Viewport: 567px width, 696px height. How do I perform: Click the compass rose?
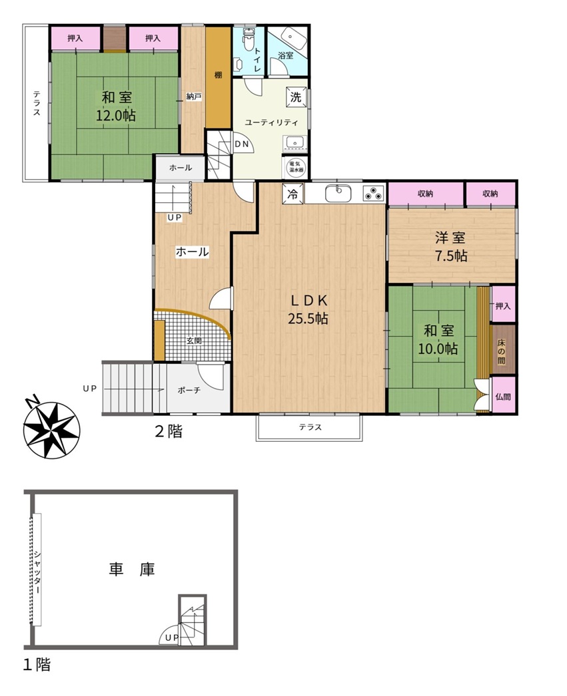coord(52,429)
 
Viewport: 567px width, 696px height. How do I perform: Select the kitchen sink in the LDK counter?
coord(338,194)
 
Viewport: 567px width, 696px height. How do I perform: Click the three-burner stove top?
coord(373,194)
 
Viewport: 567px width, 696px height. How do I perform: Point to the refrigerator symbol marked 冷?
coord(293,194)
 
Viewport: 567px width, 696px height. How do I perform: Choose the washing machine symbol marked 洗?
coord(296,96)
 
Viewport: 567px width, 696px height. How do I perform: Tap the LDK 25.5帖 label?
coord(309,310)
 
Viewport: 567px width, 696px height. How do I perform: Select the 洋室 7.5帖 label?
coord(450,247)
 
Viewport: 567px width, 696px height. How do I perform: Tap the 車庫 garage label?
coord(132,570)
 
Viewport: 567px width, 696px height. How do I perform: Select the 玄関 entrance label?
coord(194,341)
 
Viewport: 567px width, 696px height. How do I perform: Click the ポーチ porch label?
coord(189,390)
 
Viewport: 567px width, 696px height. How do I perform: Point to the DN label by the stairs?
coord(242,144)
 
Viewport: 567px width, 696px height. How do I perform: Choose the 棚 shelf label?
coord(218,75)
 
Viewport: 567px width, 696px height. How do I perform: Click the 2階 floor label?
coord(169,431)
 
